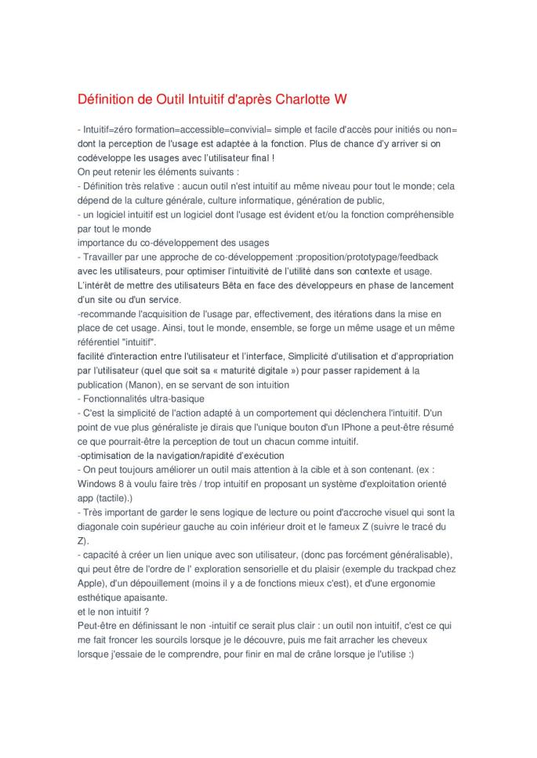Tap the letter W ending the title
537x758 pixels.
(x=340, y=99)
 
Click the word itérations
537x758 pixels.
(x=343, y=313)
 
